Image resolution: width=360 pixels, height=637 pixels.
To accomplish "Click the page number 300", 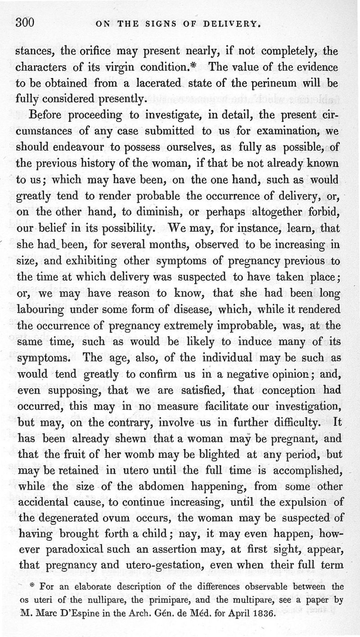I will (x=25, y=23).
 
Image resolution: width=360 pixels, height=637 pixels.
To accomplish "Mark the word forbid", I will (x=322, y=213).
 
